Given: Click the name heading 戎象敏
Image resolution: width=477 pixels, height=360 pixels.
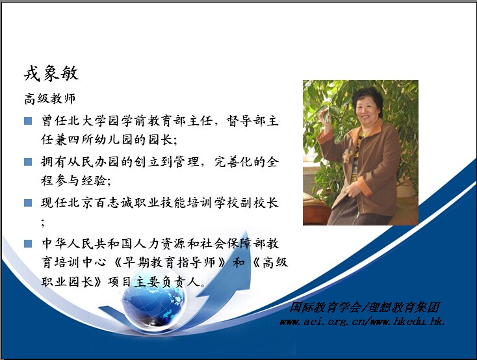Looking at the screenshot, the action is pyautogui.click(x=51, y=73).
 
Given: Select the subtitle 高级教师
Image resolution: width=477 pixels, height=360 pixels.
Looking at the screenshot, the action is pyautogui.click(x=49, y=99).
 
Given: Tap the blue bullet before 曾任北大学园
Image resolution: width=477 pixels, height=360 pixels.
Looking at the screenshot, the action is pyautogui.click(x=28, y=121).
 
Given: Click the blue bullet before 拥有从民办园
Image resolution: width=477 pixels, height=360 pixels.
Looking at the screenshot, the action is pyautogui.click(x=28, y=162).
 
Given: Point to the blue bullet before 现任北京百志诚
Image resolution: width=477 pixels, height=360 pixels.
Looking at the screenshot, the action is pyautogui.click(x=28, y=203).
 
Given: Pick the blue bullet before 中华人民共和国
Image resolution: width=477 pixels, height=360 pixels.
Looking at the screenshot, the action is pyautogui.click(x=28, y=244).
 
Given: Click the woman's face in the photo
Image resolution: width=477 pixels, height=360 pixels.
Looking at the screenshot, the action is pyautogui.click(x=367, y=112).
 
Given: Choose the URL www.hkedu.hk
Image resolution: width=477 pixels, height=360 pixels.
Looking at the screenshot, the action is pyautogui.click(x=408, y=322).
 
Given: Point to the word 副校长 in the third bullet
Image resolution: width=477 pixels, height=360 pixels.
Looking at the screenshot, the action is pyautogui.click(x=259, y=203).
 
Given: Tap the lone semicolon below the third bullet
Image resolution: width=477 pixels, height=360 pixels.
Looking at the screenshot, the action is pyautogui.click(x=43, y=223).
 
